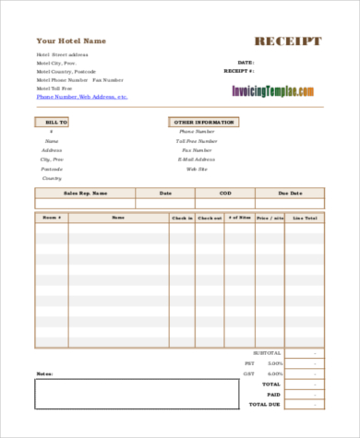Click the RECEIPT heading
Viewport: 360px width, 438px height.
pos(288,41)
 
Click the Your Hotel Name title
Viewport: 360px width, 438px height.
pos(71,41)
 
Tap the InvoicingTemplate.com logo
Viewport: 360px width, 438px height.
pos(272,91)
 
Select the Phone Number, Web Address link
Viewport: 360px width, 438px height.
pos(82,96)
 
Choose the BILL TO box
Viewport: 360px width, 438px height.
pos(55,122)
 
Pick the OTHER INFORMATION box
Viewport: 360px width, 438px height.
pos(203,122)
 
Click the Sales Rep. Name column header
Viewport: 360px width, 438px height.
pos(85,193)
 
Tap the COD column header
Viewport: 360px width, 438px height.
pos(226,193)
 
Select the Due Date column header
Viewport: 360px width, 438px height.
pos(291,193)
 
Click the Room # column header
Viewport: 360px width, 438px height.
pos(50,218)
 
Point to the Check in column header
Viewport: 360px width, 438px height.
pos(182,218)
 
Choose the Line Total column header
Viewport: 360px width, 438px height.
pos(305,218)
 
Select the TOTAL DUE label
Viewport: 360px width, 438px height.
pos(269,404)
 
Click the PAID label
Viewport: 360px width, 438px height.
pos(273,394)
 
